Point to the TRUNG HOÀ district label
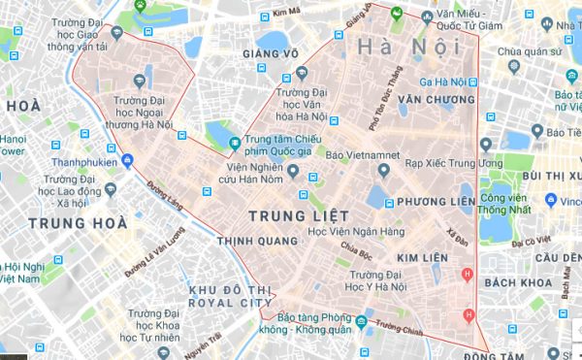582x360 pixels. point(79,224)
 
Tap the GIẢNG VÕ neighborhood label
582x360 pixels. point(268,53)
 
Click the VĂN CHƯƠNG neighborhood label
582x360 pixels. point(436,99)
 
